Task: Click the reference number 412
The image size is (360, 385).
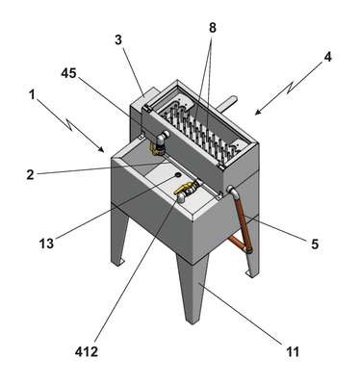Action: point(86,352)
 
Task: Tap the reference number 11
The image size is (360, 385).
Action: point(293,352)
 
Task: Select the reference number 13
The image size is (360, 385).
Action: point(46,244)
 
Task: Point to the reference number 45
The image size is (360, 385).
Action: point(68,73)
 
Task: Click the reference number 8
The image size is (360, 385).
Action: point(213,28)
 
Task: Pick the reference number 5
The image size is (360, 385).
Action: point(315,244)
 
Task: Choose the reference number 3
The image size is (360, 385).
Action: point(118,40)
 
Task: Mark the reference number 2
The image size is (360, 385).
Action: point(30,174)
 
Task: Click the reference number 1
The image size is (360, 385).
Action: point(32,95)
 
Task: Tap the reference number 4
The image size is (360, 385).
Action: point(327,57)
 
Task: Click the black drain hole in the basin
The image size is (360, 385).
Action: point(177,174)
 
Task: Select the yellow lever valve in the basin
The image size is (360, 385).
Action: point(184,190)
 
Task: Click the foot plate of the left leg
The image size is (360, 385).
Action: point(119,263)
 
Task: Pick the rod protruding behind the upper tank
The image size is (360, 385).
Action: point(228,103)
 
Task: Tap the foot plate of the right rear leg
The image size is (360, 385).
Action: point(251,273)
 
